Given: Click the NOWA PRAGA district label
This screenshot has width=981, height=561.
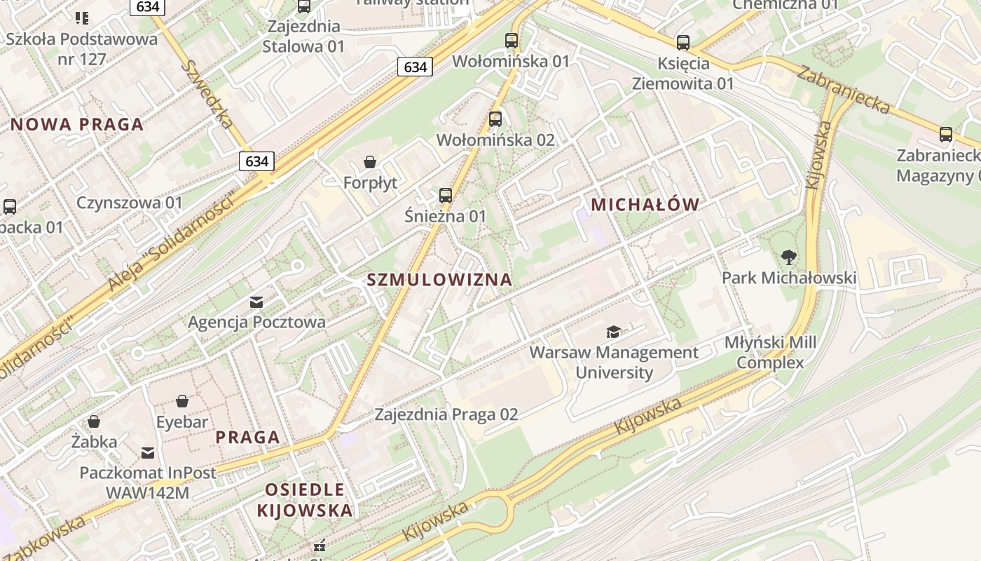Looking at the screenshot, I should click(x=77, y=125).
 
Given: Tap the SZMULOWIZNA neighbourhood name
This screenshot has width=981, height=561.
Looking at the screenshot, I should click(x=439, y=280).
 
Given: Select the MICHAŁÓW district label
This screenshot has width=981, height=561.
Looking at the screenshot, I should click(x=645, y=205).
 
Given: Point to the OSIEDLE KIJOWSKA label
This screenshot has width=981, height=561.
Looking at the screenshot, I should click(x=305, y=500).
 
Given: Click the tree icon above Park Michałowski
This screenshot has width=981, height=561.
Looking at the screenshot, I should click(x=788, y=257).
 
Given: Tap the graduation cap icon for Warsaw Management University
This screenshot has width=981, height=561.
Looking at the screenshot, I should click(x=613, y=332).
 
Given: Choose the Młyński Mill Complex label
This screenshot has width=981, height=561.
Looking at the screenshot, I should click(x=770, y=353).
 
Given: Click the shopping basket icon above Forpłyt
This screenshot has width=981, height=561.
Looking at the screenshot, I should click(x=370, y=163).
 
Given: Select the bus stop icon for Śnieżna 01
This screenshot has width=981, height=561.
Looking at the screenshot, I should click(x=445, y=196).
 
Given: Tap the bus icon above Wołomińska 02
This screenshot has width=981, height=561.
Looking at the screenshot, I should click(x=495, y=119).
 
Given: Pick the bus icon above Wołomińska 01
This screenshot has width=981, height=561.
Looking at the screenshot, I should click(x=512, y=41).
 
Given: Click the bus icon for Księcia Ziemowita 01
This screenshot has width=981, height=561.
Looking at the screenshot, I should click(x=683, y=43).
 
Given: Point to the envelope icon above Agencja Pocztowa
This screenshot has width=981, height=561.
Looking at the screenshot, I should click(x=256, y=302).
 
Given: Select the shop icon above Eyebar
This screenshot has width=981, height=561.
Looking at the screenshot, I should click(x=182, y=401).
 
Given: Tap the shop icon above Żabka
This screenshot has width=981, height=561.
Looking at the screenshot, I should click(x=94, y=421).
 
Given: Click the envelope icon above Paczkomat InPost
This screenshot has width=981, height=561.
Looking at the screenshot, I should click(x=148, y=453).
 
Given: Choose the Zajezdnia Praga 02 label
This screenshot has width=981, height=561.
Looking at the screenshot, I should click(x=446, y=414).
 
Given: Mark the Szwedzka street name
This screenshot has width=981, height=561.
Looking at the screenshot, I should click(x=207, y=93).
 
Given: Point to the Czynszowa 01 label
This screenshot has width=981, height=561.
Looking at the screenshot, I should click(x=130, y=203).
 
